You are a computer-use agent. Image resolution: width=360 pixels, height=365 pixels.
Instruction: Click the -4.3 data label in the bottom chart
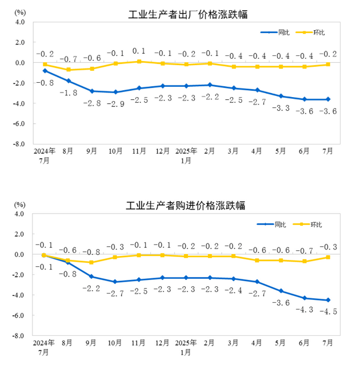click(x=304, y=309)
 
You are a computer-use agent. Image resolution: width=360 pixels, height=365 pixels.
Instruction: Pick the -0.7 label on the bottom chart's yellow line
click(x=304, y=251)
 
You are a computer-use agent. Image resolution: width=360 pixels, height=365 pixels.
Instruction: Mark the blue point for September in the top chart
click(x=92, y=91)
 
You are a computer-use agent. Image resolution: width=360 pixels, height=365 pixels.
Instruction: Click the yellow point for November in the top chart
click(x=139, y=61)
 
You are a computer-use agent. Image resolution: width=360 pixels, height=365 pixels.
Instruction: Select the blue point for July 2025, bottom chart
click(x=328, y=300)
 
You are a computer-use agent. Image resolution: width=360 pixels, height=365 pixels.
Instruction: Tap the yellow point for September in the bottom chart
click(x=92, y=262)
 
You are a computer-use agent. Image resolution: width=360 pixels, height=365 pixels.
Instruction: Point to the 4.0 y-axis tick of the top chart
click(x=20, y=22)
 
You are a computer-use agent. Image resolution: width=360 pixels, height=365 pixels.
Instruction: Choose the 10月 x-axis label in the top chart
click(x=115, y=151)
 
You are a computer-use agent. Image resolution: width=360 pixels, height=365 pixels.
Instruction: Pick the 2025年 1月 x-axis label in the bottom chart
click(x=186, y=347)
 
